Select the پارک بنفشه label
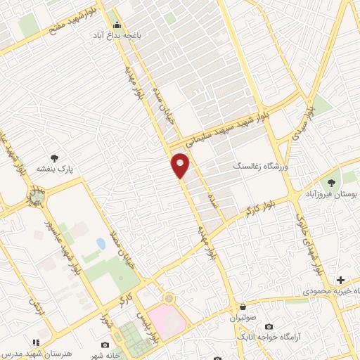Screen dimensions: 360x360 pyautogui.click(x=56, y=169)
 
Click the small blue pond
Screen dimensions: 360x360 pyautogui.click(x=101, y=244)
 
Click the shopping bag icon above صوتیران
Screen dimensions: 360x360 pyautogui.click(x=243, y=307)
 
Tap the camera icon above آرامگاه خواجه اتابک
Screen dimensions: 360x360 pyautogui.click(x=269, y=326)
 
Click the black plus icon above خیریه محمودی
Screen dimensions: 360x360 pyautogui.click(x=340, y=280)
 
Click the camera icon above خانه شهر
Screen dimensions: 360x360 pyautogui.click(x=105, y=345)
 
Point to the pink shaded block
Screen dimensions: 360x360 pyautogui.click(x=169, y=321)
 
